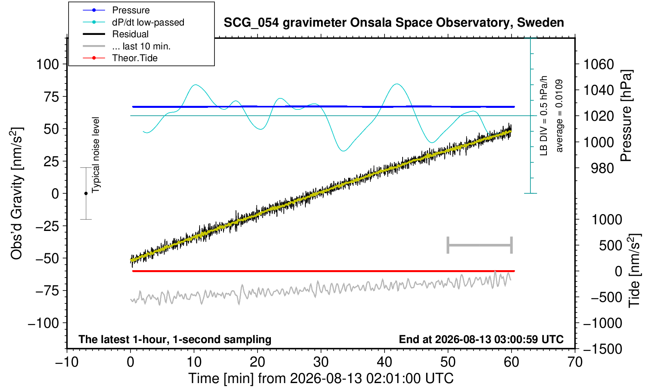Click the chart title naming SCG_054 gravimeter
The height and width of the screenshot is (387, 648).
click(394, 23)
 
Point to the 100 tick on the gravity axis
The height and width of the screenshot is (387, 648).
click(47, 64)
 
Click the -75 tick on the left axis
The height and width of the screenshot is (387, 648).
click(47, 291)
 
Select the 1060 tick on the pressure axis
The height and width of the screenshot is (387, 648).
click(599, 64)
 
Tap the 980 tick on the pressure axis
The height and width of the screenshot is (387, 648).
click(602, 168)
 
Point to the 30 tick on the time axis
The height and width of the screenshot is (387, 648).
click(321, 362)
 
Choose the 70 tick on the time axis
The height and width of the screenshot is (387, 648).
click(575, 362)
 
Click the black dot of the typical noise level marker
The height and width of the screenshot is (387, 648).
click(86, 193)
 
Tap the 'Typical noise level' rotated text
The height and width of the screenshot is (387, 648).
click(96, 155)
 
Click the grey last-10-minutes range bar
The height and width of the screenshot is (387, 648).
click(480, 245)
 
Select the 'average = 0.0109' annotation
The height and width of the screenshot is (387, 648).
click(559, 116)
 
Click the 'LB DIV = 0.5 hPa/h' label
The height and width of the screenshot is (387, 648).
click(544, 116)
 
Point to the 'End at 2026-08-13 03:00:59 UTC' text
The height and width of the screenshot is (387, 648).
click(481, 339)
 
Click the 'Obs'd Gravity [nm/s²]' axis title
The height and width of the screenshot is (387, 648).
click(17, 193)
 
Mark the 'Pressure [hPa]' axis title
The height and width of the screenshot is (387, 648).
click(626, 116)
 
